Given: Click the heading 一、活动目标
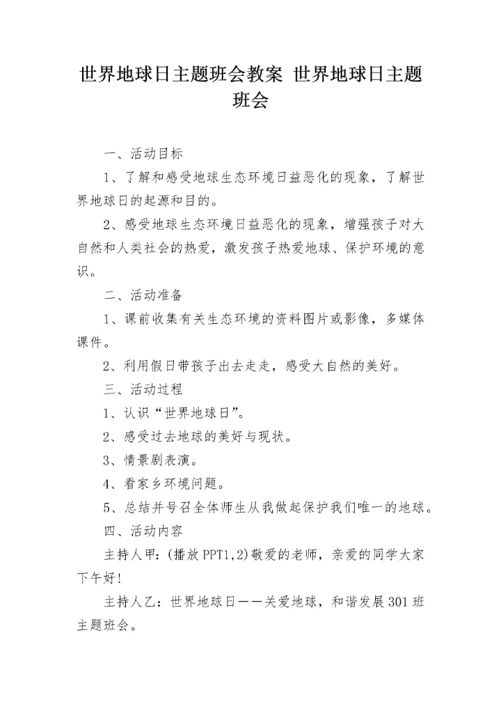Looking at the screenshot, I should [x=143, y=154].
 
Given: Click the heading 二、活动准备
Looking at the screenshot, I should [x=143, y=295].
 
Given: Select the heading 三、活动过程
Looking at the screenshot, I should [x=143, y=389].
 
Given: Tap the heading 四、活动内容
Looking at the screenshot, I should [x=143, y=531].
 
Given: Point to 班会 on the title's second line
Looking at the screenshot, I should [x=250, y=101].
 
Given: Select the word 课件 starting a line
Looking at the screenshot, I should [x=90, y=343].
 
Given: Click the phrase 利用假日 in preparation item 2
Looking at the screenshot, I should [x=150, y=366].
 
